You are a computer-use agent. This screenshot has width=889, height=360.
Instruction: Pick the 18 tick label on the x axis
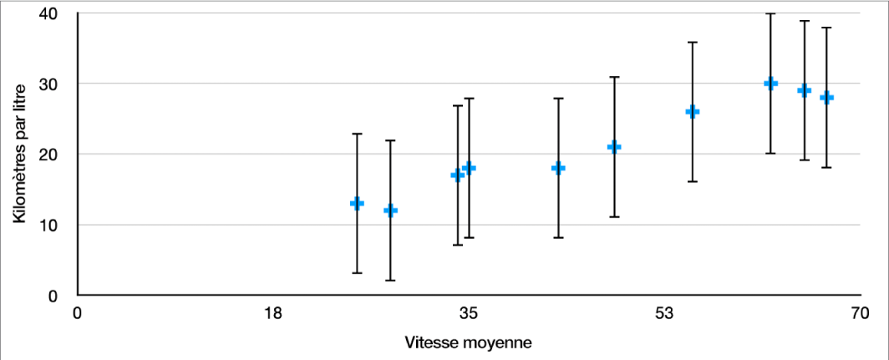coord(272,314)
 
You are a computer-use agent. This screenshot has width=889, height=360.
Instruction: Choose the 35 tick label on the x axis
coord(468,314)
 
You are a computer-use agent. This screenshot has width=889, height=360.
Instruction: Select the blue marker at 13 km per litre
coord(357,203)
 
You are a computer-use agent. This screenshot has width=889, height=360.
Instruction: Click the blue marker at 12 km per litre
coord(390,210)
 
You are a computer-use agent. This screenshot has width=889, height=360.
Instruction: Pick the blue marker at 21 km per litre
coord(614,147)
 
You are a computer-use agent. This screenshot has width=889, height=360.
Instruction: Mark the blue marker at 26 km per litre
coord(692,111)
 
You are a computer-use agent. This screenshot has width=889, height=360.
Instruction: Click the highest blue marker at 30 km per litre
coord(770,83)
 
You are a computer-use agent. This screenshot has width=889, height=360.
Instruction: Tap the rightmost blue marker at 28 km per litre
coord(826,97)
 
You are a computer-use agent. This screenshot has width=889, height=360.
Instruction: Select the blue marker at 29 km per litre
coord(804,90)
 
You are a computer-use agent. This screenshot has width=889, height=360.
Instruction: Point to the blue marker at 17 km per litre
coord(457,175)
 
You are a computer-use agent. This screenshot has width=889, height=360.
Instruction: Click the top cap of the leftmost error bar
coord(357,134)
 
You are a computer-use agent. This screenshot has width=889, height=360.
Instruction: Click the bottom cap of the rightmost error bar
coord(826,167)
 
